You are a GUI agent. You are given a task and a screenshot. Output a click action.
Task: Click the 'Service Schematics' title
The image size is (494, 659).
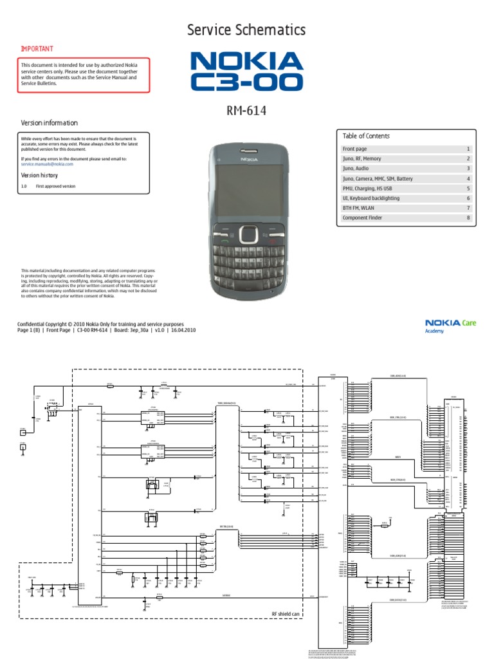(x=246, y=30)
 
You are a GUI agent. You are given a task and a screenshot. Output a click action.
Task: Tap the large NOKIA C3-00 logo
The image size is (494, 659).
(x=246, y=71)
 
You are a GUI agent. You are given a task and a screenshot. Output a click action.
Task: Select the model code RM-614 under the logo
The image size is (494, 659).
(x=246, y=111)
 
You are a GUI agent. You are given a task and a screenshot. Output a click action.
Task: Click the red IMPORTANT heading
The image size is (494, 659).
(x=37, y=49)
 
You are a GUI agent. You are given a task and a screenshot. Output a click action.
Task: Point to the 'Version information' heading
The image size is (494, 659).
(x=50, y=123)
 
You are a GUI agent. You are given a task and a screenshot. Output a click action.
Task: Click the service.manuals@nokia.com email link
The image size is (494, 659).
(x=47, y=164)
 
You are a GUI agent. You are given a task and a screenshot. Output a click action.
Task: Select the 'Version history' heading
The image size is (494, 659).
(x=39, y=175)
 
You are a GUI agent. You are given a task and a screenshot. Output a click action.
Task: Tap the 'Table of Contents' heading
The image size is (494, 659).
(x=366, y=136)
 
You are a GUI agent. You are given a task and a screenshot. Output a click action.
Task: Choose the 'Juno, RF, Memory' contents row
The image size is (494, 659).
(x=361, y=159)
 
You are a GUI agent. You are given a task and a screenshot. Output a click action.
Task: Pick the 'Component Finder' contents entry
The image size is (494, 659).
(x=362, y=218)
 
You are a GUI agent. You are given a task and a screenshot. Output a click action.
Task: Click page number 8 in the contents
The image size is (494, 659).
(x=468, y=218)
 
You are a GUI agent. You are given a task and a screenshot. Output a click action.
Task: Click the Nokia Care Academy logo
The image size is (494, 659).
(x=450, y=326)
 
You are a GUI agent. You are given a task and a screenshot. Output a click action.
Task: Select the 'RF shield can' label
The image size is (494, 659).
(x=286, y=615)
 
